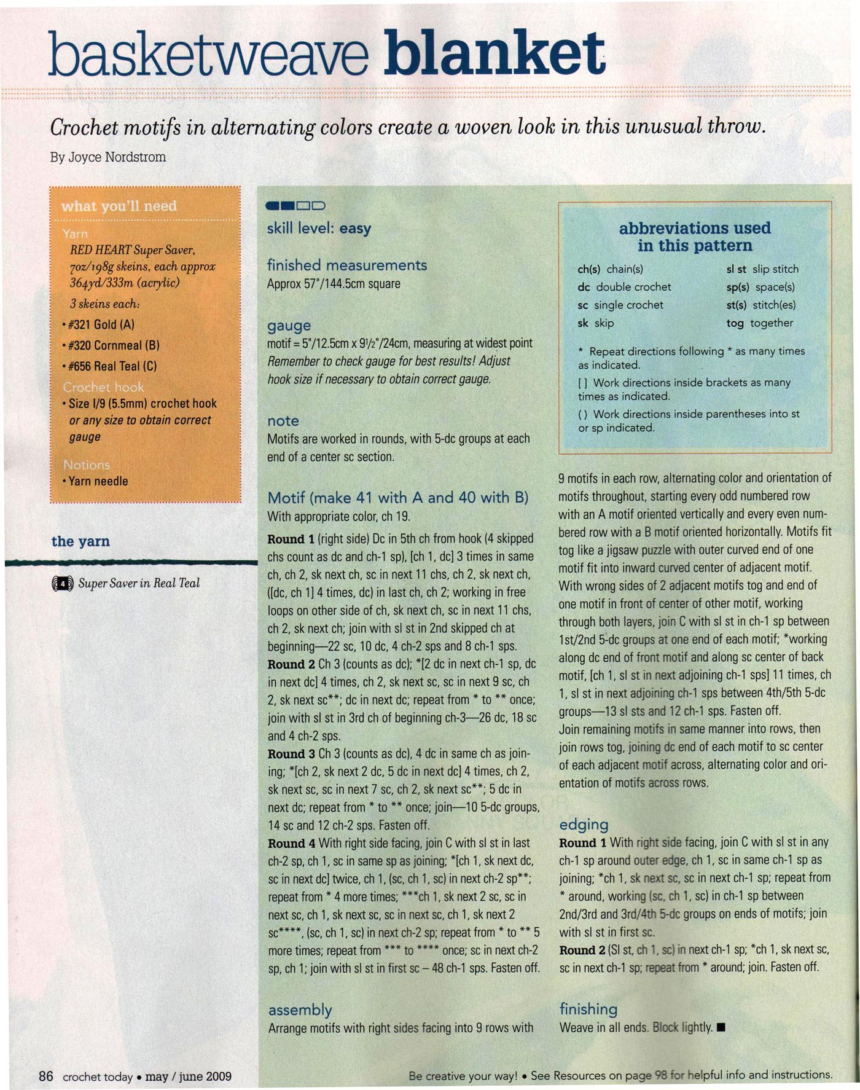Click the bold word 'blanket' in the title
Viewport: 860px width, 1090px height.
point(495,53)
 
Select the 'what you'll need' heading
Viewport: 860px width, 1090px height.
point(119,206)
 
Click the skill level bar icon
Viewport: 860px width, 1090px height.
point(295,206)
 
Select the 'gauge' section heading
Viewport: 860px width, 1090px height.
point(289,325)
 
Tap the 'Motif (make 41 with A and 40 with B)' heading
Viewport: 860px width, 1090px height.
point(397,497)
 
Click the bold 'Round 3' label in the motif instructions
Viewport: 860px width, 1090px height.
point(291,754)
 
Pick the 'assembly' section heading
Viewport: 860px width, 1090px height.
point(300,1010)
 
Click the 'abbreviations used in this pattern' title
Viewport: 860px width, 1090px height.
point(694,237)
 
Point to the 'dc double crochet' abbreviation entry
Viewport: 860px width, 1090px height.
point(624,287)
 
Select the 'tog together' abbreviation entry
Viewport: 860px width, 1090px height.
point(759,323)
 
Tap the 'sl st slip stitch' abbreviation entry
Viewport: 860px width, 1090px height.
point(762,269)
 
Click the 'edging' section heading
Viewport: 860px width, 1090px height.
point(584,825)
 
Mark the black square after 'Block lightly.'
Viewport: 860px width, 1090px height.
point(721,1027)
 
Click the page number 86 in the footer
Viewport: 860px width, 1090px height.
point(46,1076)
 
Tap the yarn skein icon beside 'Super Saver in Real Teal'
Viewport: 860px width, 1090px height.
point(63,583)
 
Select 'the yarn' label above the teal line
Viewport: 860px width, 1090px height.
point(80,541)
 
